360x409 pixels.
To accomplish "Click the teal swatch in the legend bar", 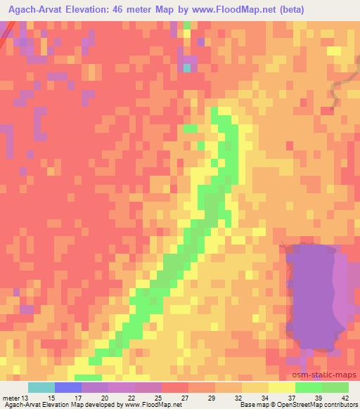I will coord(41,387).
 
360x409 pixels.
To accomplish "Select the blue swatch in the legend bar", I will coord(67,387).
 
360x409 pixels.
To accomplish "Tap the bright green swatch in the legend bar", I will coord(308,387).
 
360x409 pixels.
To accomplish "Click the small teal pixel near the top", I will coord(187,67).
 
